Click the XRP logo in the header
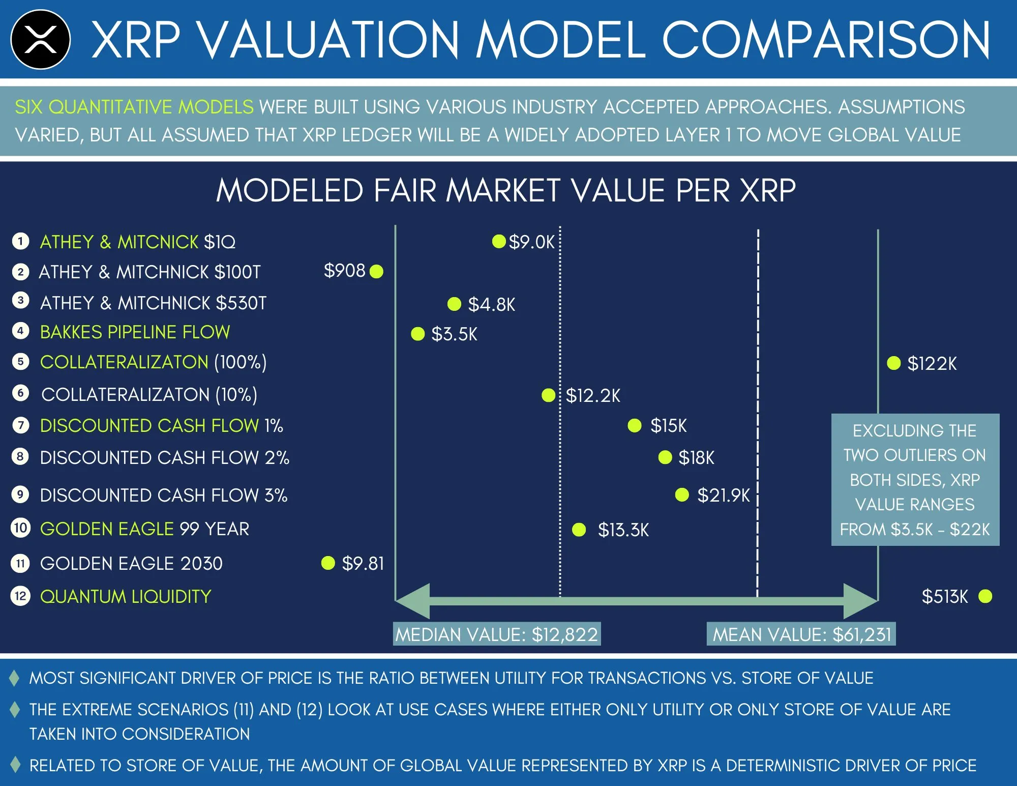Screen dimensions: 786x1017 (40, 39)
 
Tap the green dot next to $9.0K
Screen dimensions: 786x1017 (499, 241)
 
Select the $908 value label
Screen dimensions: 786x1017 (344, 271)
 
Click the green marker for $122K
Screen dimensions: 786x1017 (893, 363)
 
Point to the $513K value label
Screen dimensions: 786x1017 (945, 596)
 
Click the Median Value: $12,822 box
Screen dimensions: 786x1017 (497, 634)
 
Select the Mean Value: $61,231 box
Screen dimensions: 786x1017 (801, 634)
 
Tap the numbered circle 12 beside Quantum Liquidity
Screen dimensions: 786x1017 (20, 596)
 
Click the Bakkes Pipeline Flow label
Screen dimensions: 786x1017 (135, 332)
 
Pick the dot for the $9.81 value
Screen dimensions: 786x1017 (328, 563)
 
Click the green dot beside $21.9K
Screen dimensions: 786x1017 (681, 494)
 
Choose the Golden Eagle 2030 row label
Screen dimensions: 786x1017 (131, 564)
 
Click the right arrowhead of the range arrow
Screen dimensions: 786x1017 (861, 601)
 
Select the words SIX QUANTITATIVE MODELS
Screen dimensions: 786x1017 (134, 107)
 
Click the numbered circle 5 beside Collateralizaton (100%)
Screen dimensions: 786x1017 (20, 362)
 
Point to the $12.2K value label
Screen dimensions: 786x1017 (593, 395)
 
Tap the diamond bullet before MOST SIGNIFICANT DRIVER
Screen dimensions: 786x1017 (15, 678)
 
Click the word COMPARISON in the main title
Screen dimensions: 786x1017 (826, 40)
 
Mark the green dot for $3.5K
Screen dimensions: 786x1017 (417, 334)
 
